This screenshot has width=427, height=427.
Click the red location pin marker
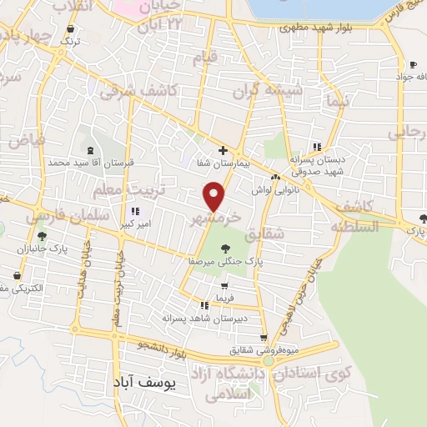(x=215, y=198)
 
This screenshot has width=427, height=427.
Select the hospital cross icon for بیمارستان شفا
(x=223, y=150)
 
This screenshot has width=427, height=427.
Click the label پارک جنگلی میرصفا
(x=224, y=261)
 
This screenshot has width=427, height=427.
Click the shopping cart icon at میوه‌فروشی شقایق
(x=264, y=338)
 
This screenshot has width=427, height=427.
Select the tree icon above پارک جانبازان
(x=42, y=236)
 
